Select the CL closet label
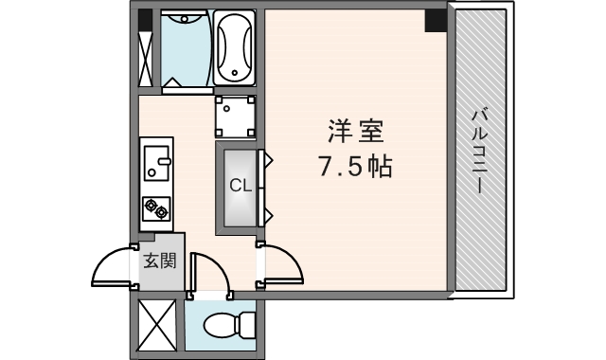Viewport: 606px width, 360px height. coord(241,186)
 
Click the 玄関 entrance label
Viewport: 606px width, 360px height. coord(160,260)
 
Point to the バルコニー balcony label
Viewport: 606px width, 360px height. coord(479,152)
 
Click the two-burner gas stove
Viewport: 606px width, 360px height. coord(156,206)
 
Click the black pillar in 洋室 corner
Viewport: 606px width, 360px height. coord(436,21)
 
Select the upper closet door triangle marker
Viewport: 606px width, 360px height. coord(268,161)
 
